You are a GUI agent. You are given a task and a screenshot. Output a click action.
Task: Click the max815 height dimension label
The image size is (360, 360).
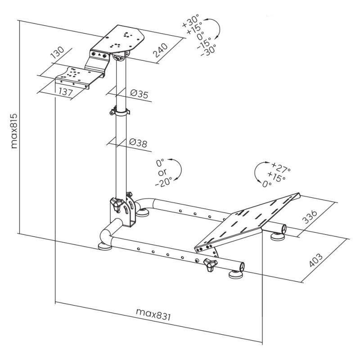(x=14, y=130)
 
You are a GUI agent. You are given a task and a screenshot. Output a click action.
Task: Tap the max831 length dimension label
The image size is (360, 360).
(x=153, y=314)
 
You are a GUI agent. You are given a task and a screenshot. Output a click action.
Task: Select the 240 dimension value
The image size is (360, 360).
(x=160, y=50)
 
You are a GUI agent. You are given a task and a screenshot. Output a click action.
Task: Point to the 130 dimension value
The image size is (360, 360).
(x=57, y=52)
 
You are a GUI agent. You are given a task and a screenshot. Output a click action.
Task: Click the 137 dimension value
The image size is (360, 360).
(x=66, y=92)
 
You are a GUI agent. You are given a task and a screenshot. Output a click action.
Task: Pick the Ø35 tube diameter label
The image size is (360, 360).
(x=139, y=94)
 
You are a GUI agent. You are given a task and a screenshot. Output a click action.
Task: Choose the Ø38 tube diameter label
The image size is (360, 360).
(x=138, y=143)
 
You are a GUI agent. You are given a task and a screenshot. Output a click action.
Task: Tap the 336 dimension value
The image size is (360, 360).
(x=309, y=216)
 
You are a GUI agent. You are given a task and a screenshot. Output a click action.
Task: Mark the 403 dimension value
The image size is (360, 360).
(x=316, y=260)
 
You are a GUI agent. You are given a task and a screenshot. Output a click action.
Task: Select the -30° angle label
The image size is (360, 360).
(x=208, y=50)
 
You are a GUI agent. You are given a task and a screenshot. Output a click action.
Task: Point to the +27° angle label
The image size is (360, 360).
(x=281, y=167)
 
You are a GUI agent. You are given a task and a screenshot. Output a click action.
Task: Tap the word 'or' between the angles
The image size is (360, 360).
(x=162, y=172)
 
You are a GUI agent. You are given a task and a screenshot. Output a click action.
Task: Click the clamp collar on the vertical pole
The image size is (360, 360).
(x=120, y=112)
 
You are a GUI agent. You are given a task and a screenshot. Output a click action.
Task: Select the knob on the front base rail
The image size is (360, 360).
(x=211, y=264)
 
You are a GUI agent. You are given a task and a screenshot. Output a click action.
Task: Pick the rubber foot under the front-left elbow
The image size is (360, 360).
(x=105, y=247)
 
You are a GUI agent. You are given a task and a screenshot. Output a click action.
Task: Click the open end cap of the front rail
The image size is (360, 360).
(x=242, y=267)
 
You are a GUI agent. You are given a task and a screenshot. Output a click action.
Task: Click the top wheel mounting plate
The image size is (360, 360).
(x=118, y=39)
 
